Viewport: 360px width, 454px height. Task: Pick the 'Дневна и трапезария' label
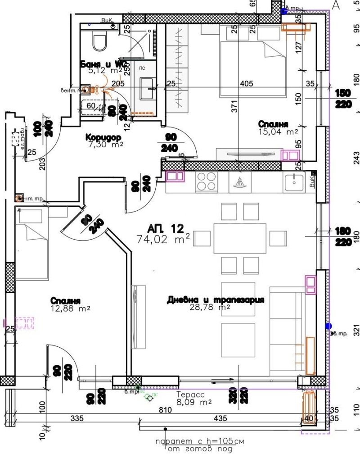215,300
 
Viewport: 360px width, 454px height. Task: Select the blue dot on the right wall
328,326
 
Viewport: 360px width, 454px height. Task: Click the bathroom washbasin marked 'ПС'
148,88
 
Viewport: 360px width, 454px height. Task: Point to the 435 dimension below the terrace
220,419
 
